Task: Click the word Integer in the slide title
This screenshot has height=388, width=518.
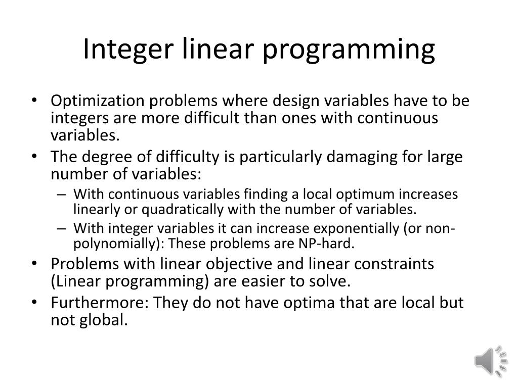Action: (116, 49)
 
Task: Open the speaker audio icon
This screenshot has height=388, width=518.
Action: (490, 360)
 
